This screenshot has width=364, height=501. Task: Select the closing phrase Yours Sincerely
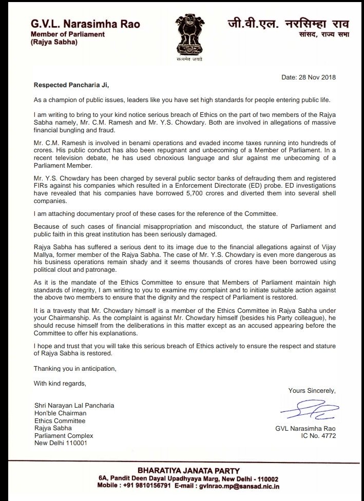tap(313, 391)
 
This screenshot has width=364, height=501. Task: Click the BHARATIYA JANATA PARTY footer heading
tap(183, 470)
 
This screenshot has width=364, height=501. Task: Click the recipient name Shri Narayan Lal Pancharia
tap(74, 405)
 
